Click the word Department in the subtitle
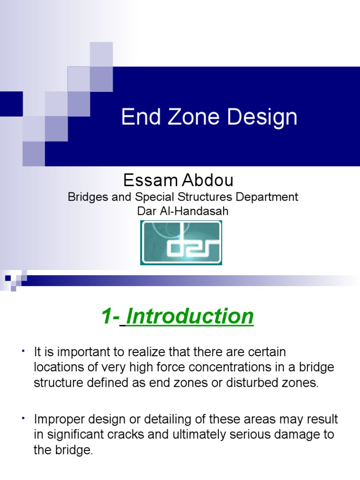267,197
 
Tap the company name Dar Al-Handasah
183,211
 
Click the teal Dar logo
181,242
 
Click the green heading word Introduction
190,317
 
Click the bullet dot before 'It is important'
22,351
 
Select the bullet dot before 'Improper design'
22,418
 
